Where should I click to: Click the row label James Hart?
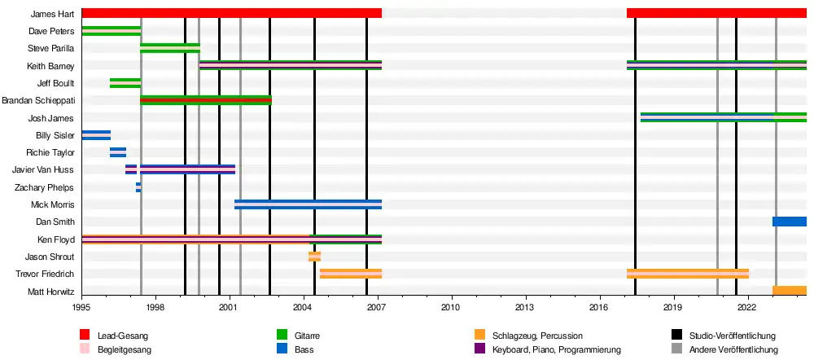pyautogui.click(x=52, y=14)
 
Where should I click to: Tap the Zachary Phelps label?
pyautogui.click(x=46, y=187)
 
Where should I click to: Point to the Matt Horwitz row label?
pyautogui.click(x=51, y=292)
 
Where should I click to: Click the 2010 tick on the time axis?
pyautogui.click(x=450, y=307)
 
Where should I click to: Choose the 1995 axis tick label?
pyautogui.click(x=81, y=307)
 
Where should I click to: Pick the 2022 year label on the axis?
pyautogui.click(x=746, y=307)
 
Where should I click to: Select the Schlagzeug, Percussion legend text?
pyautogui.click(x=537, y=336)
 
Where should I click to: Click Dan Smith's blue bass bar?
pyautogui.click(x=789, y=222)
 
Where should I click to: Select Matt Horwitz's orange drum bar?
pyautogui.click(x=789, y=291)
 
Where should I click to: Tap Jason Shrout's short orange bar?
pyautogui.click(x=314, y=257)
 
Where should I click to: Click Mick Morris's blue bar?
pyautogui.click(x=308, y=204)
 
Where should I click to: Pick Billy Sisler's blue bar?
pyautogui.click(x=96, y=135)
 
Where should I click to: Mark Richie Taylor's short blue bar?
pyautogui.click(x=118, y=152)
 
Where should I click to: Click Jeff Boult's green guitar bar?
pyautogui.click(x=125, y=83)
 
